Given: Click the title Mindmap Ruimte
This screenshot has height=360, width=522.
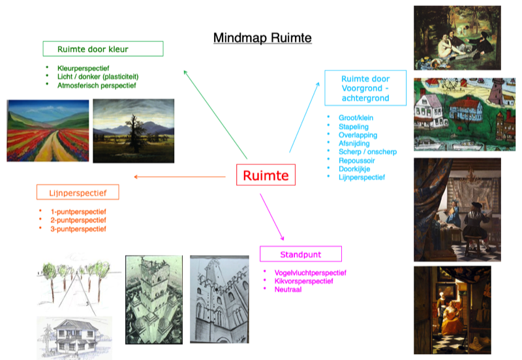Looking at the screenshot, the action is [x=262, y=38].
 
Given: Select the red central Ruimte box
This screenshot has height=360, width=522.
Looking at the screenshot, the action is [x=266, y=175].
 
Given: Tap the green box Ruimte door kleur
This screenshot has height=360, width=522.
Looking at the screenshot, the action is [x=103, y=49].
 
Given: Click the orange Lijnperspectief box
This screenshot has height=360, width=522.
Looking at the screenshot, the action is [x=78, y=192].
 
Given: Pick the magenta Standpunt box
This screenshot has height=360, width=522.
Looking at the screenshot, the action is [x=301, y=254].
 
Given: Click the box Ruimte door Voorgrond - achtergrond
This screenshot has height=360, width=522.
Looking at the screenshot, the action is [x=365, y=88].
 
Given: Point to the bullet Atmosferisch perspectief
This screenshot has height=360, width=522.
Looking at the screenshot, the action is [x=97, y=85].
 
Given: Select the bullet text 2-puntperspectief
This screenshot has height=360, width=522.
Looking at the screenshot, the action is [x=78, y=220].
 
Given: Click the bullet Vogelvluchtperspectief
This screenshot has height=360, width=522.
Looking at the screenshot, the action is [x=311, y=273].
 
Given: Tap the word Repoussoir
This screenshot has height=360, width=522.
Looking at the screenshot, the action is [x=356, y=160].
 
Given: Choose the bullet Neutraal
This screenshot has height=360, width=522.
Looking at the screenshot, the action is [x=288, y=290].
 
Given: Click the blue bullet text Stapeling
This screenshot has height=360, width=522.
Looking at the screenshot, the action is [x=354, y=127].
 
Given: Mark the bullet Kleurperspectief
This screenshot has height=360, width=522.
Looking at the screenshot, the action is [x=84, y=68].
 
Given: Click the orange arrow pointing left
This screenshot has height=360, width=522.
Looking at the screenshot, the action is [x=180, y=177].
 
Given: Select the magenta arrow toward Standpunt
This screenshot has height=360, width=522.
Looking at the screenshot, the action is [x=272, y=217].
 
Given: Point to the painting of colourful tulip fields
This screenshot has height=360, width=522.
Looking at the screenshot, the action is [x=48, y=130].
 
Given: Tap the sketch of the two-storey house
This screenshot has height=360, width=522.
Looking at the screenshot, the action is [x=74, y=337].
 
